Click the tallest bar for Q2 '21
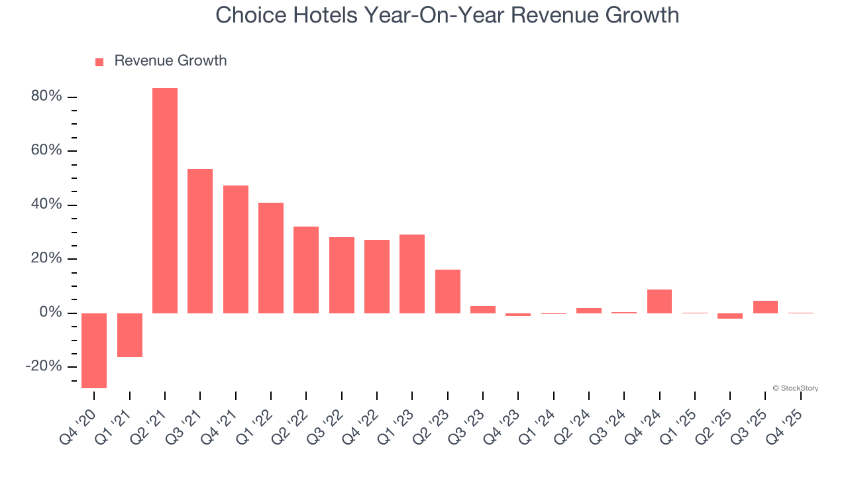165,200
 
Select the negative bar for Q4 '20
94,350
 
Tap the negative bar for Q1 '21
130,335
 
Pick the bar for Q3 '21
200,241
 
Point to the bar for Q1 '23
412,274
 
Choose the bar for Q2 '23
448,291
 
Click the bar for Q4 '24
659,301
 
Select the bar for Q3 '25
765,307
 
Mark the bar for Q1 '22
271,258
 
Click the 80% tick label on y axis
46,97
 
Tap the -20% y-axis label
44,367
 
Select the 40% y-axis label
46,205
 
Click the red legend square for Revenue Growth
99,62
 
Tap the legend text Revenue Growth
170,61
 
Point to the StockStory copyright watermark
795,388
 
